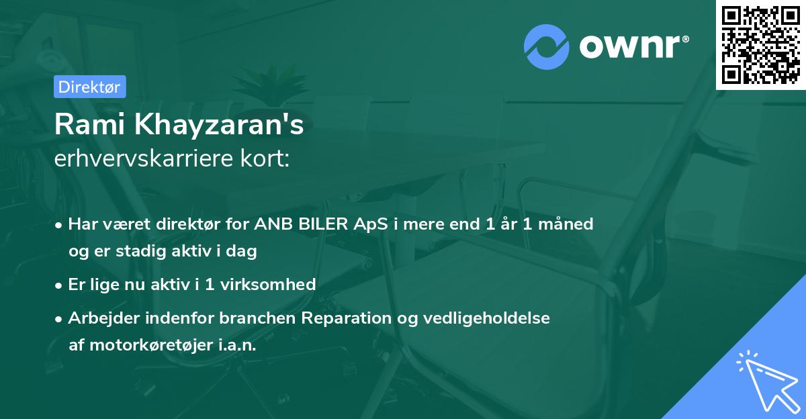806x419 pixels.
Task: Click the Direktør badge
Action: click(x=89, y=87)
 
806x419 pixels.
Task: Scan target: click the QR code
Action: click(x=760, y=45)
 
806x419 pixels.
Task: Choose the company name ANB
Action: click(x=272, y=224)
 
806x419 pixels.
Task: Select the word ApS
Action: click(x=371, y=224)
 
